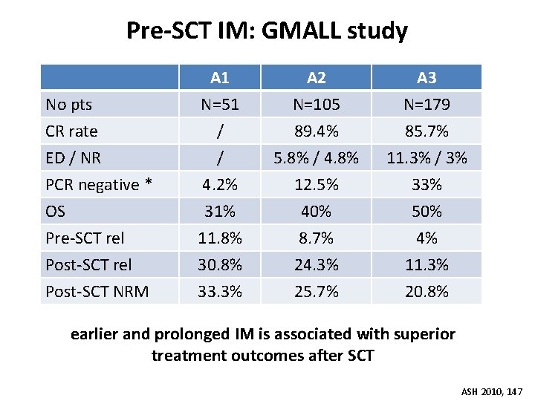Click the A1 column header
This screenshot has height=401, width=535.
(x=219, y=78)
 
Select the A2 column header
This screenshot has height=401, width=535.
(x=317, y=78)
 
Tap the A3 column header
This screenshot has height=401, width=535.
(x=427, y=78)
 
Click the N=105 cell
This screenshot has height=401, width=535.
(x=317, y=105)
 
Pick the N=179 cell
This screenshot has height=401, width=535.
(x=427, y=105)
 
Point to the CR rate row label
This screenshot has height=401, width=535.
(x=71, y=131)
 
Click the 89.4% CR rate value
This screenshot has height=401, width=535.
(x=317, y=131)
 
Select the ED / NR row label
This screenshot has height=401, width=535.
(x=73, y=158)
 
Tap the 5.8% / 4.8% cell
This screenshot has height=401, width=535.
(x=317, y=158)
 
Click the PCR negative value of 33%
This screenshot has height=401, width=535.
(x=427, y=185)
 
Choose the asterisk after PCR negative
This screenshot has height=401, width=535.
(x=148, y=182)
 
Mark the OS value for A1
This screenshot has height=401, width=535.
(x=220, y=212)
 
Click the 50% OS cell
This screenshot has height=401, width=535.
(x=427, y=212)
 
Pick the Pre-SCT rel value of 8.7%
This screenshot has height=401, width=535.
(x=317, y=238)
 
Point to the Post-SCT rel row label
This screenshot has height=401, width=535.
(x=88, y=265)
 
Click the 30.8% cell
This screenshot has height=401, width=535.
(x=220, y=265)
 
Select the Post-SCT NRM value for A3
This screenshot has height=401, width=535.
(x=427, y=292)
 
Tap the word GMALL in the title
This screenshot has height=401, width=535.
(x=301, y=30)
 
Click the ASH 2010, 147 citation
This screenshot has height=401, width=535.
(x=492, y=392)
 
